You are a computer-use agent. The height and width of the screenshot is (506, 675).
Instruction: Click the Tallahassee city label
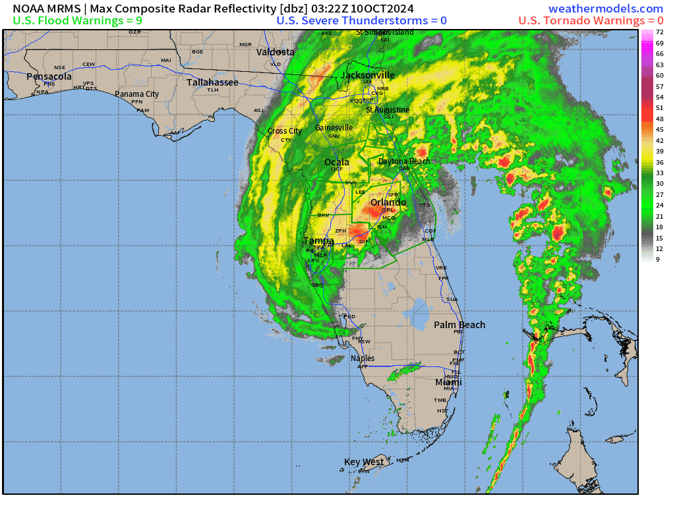(212, 82)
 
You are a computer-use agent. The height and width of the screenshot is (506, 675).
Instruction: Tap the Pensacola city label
(49, 76)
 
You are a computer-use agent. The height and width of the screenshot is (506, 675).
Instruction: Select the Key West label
(364, 462)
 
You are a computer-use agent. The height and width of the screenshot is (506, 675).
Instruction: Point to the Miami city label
(448, 382)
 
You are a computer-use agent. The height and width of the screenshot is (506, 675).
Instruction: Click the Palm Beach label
(459, 325)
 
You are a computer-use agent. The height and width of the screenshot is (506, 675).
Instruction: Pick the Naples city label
(363, 358)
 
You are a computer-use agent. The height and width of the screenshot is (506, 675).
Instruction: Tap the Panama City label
(137, 94)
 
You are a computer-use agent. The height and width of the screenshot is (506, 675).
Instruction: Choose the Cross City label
(285, 131)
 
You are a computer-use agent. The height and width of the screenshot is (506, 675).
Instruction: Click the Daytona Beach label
(404, 161)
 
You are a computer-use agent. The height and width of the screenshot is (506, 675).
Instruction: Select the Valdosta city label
(276, 52)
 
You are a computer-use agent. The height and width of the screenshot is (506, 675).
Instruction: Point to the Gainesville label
(334, 128)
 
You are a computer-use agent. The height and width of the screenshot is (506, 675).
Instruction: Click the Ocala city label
(337, 162)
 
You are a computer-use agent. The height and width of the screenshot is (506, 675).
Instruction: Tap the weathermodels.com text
(606, 9)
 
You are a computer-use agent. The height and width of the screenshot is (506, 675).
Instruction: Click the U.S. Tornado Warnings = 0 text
(591, 20)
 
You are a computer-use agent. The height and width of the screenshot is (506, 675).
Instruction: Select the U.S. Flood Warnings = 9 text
(77, 20)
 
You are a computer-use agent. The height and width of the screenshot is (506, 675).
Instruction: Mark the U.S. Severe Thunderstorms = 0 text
(361, 20)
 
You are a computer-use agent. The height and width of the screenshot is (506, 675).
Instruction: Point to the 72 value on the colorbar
(659, 32)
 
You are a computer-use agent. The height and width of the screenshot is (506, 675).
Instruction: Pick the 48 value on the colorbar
(659, 119)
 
